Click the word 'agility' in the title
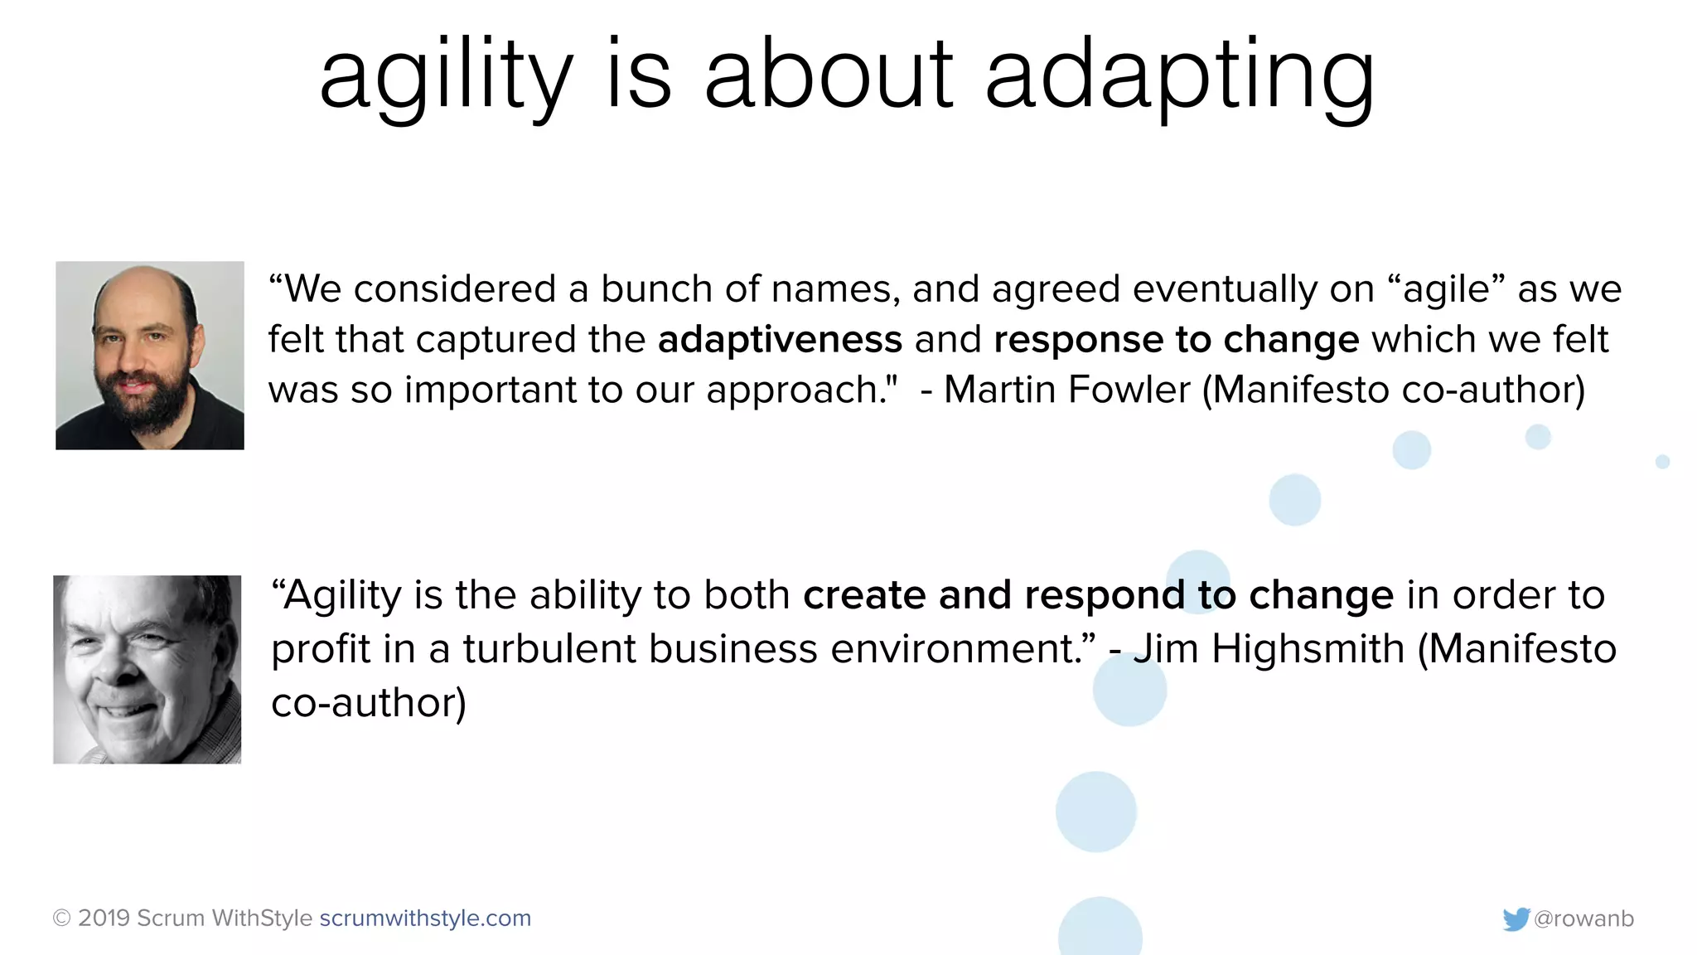click(446, 76)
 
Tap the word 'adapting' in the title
click(1180, 76)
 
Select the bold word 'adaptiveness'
click(780, 340)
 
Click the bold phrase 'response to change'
click(1176, 340)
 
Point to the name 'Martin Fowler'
click(1066, 390)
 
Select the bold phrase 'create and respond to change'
click(1098, 595)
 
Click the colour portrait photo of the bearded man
click(150, 356)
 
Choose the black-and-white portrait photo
click(147, 669)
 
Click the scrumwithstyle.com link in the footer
click(425, 919)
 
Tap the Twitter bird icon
click(1516, 919)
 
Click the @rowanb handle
click(1583, 919)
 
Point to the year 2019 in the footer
click(104, 919)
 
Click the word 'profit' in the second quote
click(320, 650)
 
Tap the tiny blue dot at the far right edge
click(1662, 462)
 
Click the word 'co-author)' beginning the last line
click(369, 703)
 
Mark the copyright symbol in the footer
click(61, 919)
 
